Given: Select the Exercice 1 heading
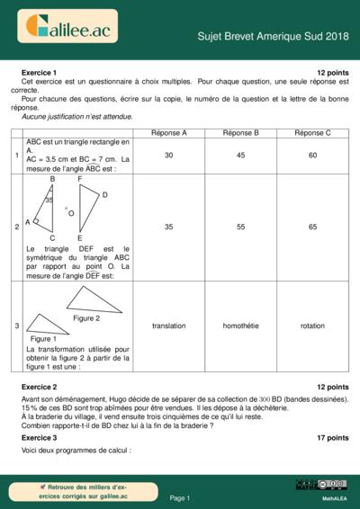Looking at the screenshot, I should (39, 72).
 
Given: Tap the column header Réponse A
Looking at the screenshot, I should (168, 132).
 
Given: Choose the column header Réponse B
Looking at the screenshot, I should (240, 132).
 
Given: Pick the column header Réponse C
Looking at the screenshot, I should (312, 132).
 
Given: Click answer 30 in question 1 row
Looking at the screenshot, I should (168, 156).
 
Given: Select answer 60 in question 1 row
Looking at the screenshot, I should (312, 156).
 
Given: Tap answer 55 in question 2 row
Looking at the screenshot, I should (240, 228).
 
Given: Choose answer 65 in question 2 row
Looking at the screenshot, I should (312, 228).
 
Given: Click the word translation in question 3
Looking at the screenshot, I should (168, 326).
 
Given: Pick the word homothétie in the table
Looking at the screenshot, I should (240, 326).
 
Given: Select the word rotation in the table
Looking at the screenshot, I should (312, 326).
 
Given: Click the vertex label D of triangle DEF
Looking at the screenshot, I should (105, 194).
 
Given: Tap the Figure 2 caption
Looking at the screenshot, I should (86, 318).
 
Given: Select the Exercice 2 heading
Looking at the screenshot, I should (39, 386).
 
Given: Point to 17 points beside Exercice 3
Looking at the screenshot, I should (332, 437).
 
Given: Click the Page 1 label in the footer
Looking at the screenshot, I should (180, 497).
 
